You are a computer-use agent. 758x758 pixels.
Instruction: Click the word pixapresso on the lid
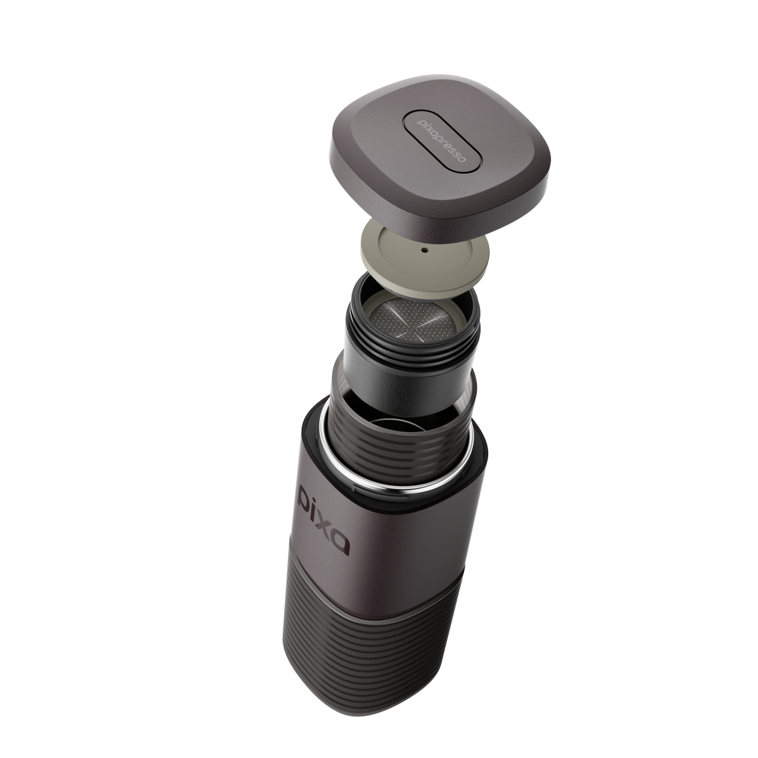coord(441,140)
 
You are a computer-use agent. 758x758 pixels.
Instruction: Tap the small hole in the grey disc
coord(424,250)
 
